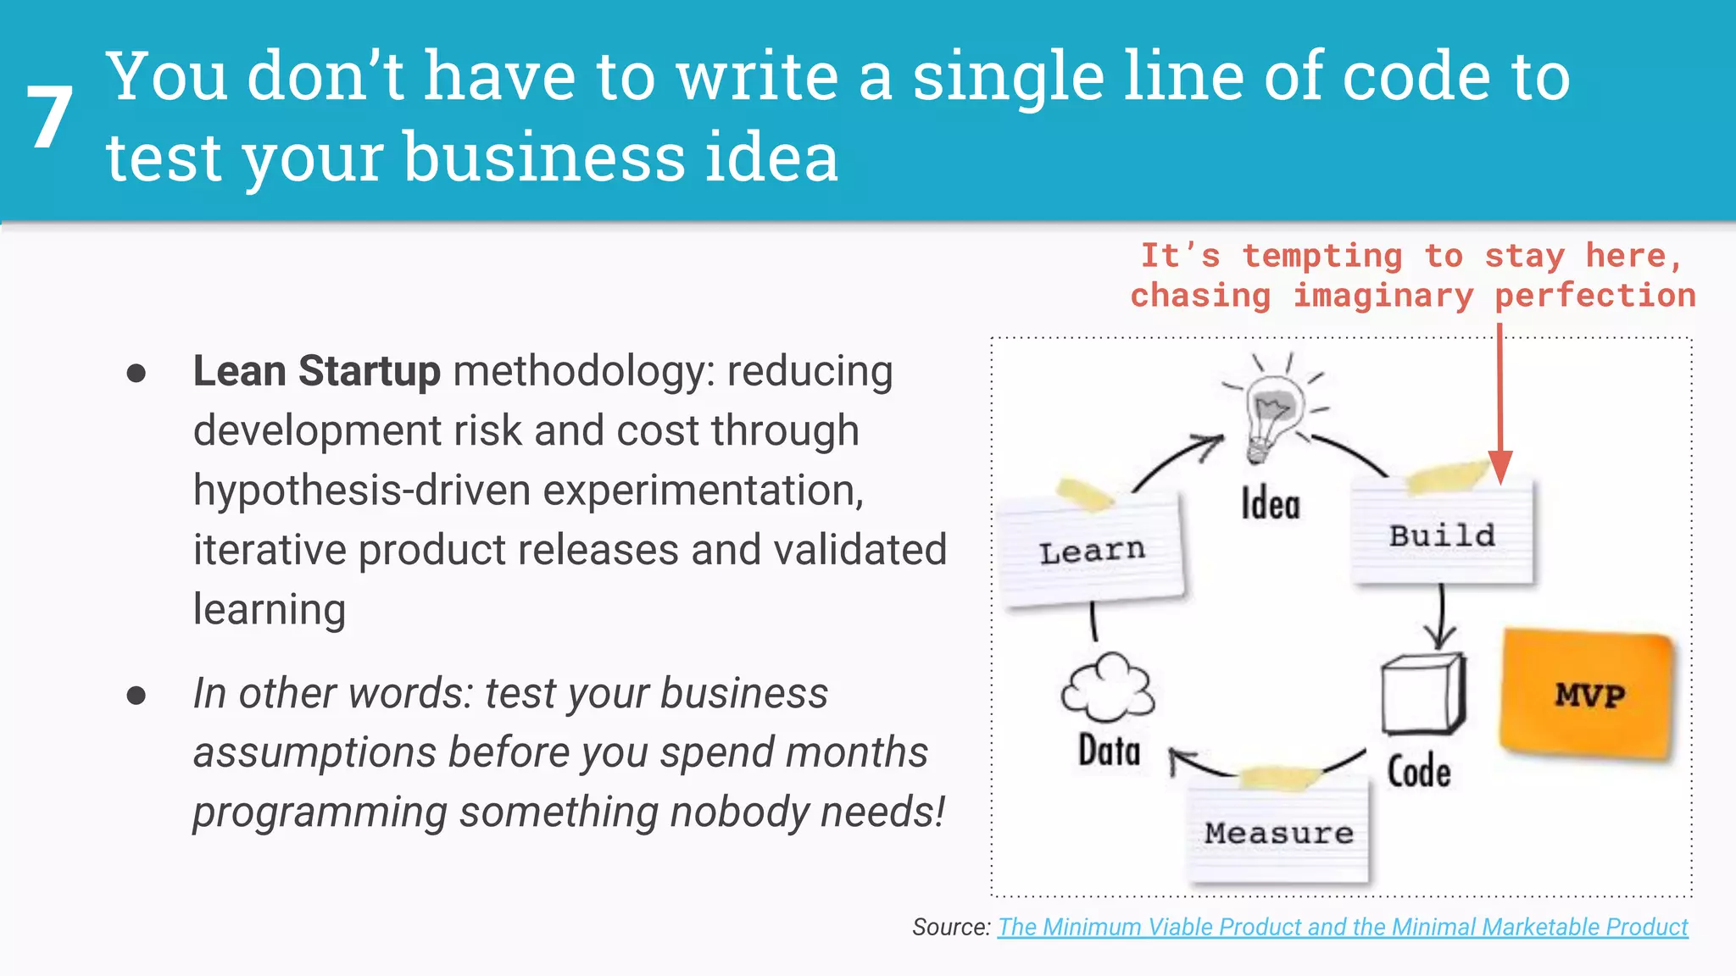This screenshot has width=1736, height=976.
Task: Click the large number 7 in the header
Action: (x=49, y=118)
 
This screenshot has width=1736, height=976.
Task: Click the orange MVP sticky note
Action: (x=1588, y=694)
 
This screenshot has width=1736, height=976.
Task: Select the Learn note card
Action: (x=1092, y=552)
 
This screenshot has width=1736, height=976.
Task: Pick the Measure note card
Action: (x=1278, y=833)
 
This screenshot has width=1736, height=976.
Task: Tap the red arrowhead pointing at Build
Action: (x=1500, y=467)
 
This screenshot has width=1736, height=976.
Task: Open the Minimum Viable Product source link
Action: (x=1342, y=927)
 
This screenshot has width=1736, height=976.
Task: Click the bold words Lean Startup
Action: (x=316, y=371)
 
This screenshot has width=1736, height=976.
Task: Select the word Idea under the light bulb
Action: (x=1270, y=505)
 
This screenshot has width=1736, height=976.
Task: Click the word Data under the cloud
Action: (x=1109, y=751)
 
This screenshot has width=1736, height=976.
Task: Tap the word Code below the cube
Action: (x=1418, y=771)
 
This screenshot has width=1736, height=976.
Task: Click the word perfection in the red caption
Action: (x=1594, y=296)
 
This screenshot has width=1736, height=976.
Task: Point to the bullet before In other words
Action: (x=136, y=696)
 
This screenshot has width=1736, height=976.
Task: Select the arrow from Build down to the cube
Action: (x=1440, y=618)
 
